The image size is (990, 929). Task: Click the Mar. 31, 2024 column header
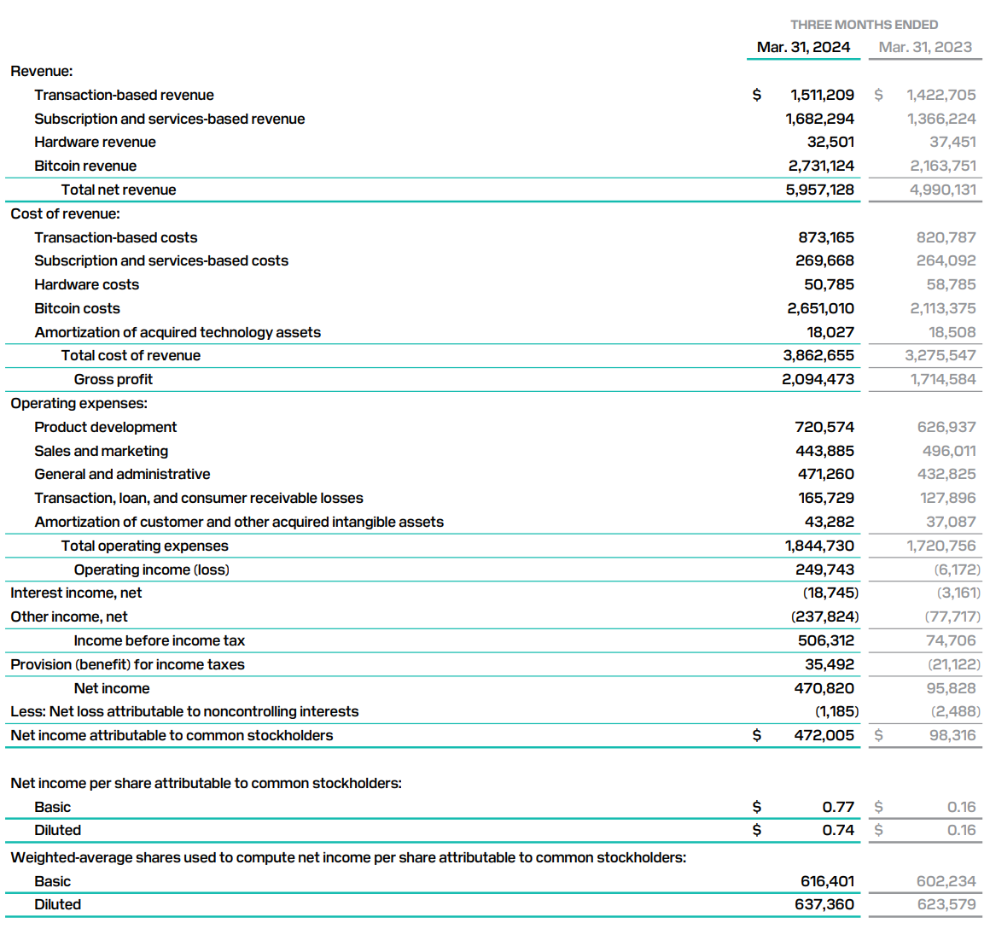click(803, 47)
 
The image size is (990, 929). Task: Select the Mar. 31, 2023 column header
click(925, 47)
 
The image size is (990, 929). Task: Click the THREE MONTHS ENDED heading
click(864, 25)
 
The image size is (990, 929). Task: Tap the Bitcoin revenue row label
click(85, 166)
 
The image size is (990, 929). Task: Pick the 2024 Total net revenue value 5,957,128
click(819, 190)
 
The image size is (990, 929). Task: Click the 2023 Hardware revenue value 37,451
click(952, 142)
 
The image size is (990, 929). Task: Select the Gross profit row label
click(114, 379)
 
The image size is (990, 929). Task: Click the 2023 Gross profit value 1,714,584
click(942, 379)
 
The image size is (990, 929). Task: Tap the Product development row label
click(106, 427)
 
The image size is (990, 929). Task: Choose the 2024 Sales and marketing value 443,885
click(824, 451)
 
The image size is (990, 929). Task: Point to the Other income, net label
click(69, 616)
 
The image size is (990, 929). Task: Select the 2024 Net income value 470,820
click(824, 688)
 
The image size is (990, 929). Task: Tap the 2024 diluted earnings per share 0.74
click(838, 830)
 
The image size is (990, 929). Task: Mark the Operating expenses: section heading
click(79, 403)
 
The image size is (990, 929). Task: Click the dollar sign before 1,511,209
click(756, 95)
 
